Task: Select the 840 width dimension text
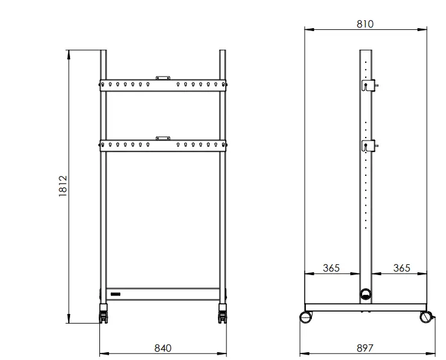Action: (163, 347)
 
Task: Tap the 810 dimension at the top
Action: (365, 24)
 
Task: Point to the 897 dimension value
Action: (365, 347)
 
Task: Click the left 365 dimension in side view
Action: (331, 268)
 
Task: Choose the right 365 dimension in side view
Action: (402, 268)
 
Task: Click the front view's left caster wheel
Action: (104, 315)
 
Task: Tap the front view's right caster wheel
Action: (223, 315)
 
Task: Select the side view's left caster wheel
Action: (306, 317)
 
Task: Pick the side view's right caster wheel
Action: (426, 317)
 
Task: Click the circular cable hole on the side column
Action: (365, 294)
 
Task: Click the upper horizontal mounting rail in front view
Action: (163, 85)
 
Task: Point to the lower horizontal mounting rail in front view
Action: (163, 145)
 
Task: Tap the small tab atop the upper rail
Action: (163, 77)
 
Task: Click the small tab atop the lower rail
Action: (163, 138)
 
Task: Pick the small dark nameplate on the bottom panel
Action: (114, 294)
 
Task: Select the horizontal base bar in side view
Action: (365, 307)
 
